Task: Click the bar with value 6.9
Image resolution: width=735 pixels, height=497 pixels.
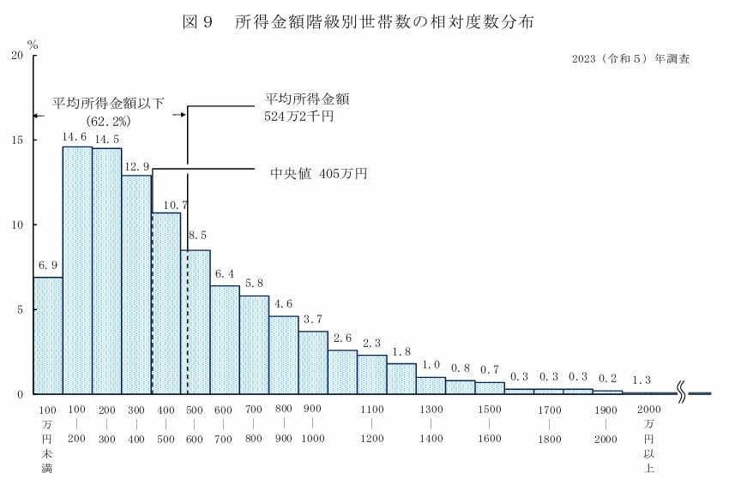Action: click(48, 335)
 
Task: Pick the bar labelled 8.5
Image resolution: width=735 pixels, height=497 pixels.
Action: click(196, 321)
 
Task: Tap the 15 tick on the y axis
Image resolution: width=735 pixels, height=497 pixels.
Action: click(17, 140)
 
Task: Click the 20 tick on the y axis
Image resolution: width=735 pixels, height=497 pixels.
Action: click(17, 56)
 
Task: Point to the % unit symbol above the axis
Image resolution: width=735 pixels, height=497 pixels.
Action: click(33, 42)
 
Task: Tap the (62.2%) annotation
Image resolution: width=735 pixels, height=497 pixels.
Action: click(109, 122)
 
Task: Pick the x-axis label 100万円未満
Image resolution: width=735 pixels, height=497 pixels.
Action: click(47, 438)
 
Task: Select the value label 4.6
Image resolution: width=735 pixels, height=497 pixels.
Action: click(284, 304)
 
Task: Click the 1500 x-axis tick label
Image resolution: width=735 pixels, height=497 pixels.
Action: click(490, 410)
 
